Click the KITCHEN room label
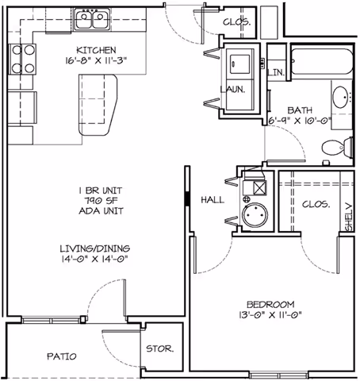[x=77, y=49]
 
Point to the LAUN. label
[x=236, y=90]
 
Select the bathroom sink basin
[x=341, y=98]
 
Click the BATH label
[x=301, y=110]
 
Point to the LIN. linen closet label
[x=277, y=73]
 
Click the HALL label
[x=212, y=200]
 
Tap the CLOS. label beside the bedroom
[x=316, y=203]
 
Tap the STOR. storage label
[x=159, y=349]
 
